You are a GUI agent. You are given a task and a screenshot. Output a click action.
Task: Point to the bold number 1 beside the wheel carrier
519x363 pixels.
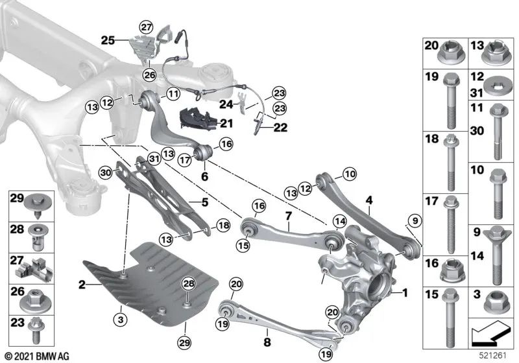coord(406,293)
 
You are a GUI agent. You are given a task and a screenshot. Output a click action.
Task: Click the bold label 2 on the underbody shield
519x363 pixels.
coord(82,284)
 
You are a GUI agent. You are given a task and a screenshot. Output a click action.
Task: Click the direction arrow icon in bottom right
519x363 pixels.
coord(487,334)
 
